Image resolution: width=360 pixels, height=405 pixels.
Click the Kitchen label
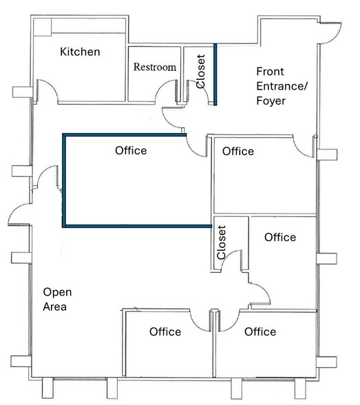click(x=80, y=52)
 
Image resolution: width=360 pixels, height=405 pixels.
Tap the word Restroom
click(x=154, y=67)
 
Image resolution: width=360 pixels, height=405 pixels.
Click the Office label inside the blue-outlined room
click(x=130, y=151)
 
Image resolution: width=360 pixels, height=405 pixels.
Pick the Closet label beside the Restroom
click(x=201, y=72)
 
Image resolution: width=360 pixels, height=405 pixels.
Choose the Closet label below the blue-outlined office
click(x=221, y=243)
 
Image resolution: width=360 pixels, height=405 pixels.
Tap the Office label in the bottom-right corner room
click(x=260, y=331)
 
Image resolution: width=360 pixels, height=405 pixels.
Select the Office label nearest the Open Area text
click(x=165, y=331)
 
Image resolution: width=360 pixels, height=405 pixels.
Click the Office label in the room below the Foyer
click(x=238, y=151)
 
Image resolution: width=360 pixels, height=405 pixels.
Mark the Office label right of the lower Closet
click(x=280, y=237)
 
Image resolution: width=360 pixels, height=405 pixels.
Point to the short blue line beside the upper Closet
click(x=215, y=74)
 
